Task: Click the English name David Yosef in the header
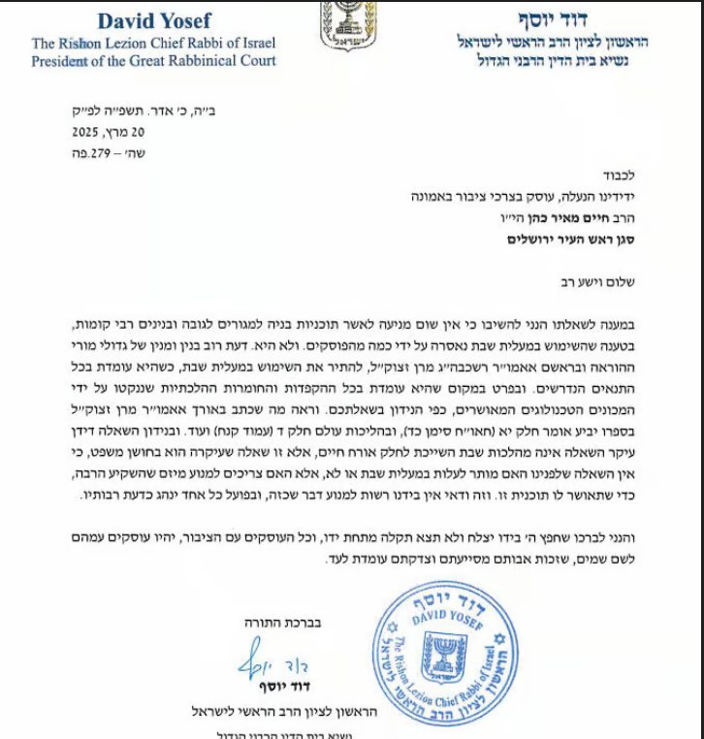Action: click(x=152, y=19)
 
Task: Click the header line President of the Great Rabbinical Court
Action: click(x=153, y=61)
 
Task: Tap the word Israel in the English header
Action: click(x=255, y=44)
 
